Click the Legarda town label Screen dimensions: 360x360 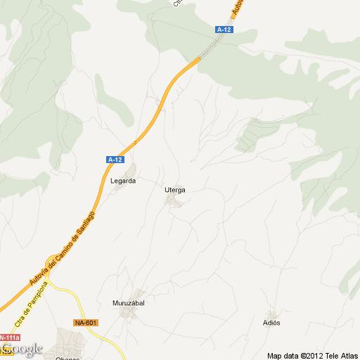(x=122, y=181)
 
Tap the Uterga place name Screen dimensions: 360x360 (x=174, y=190)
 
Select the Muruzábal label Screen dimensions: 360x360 (x=129, y=304)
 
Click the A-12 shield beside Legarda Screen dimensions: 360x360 (x=115, y=160)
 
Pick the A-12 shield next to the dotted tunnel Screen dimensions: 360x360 (x=224, y=30)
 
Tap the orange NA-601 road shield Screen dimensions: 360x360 (x=86, y=323)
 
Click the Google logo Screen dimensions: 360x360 (x=22, y=349)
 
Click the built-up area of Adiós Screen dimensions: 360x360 (x=271, y=314)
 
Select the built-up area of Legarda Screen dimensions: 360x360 (x=129, y=171)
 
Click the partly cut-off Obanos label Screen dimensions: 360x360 (x=67, y=357)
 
